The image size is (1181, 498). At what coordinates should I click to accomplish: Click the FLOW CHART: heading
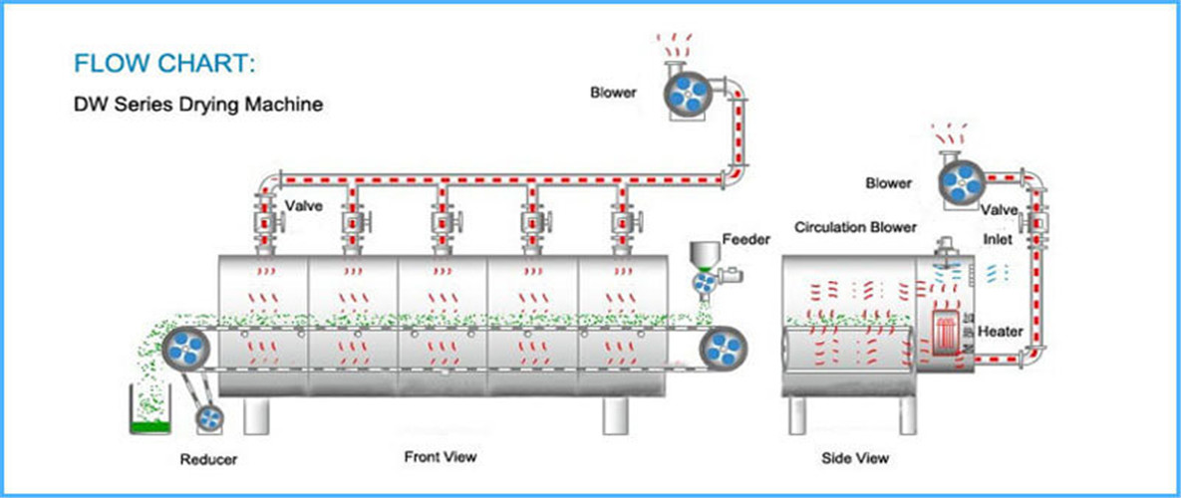pos(164,65)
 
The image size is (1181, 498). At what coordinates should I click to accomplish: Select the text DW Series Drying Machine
pos(198,104)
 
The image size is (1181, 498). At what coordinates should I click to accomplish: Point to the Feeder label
pos(747,240)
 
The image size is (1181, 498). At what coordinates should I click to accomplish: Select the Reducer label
pos(208,459)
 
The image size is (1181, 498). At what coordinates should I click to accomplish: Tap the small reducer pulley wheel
pos(209,419)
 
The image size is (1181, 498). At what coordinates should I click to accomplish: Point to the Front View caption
pos(440,457)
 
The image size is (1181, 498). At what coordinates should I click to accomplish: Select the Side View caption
pos(855,458)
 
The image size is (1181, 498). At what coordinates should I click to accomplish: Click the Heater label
pos(1001,331)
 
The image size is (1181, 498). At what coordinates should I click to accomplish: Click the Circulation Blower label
pos(855,227)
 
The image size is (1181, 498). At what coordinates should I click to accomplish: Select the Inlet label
pos(999,240)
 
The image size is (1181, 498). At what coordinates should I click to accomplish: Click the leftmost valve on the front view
pos(264,220)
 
